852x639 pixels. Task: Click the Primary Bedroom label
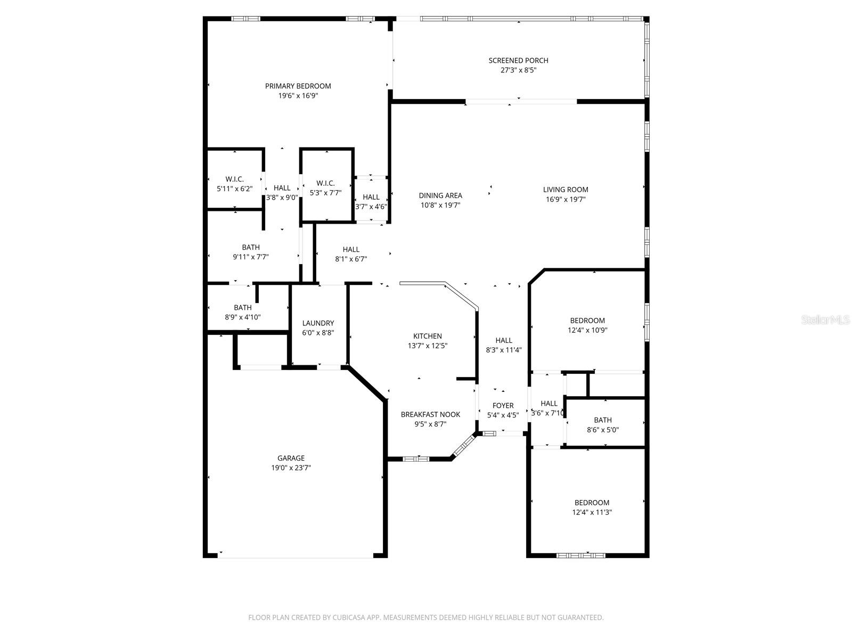tap(298, 86)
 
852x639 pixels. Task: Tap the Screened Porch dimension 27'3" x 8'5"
tap(518, 70)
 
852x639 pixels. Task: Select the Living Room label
tap(566, 190)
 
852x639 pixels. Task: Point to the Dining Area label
tap(440, 195)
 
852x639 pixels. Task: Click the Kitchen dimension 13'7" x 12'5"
tap(427, 346)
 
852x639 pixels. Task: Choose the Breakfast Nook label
tap(430, 414)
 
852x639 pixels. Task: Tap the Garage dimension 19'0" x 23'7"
tap(291, 468)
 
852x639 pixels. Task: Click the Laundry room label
tap(318, 323)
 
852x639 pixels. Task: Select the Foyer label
tap(503, 406)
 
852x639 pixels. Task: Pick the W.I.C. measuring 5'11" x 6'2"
tap(234, 184)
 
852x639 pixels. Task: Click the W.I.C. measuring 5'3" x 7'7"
tap(325, 188)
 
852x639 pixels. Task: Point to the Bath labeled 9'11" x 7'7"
tap(251, 252)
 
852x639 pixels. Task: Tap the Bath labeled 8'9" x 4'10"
tap(242, 312)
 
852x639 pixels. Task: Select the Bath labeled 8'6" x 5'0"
tap(603, 425)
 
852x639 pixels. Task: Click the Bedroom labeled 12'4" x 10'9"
tap(587, 325)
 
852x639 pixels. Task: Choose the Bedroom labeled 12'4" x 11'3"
tap(592, 507)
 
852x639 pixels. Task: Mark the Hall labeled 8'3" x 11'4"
tap(503, 345)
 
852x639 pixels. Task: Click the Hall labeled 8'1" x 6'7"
tap(351, 254)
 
